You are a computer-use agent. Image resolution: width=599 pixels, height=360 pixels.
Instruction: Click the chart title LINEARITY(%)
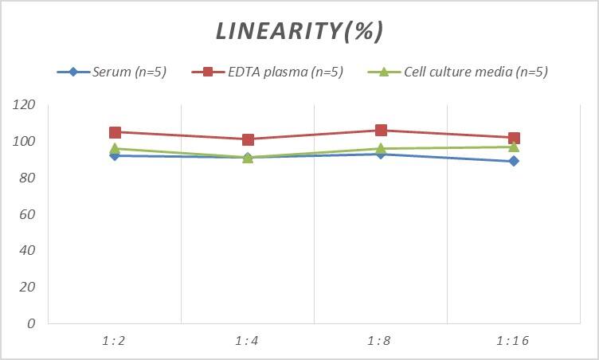pyautogui.click(x=299, y=31)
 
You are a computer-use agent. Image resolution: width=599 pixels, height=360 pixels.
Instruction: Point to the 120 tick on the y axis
pyautogui.click(x=25, y=105)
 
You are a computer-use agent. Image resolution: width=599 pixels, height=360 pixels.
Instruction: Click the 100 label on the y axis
pyautogui.click(x=25, y=142)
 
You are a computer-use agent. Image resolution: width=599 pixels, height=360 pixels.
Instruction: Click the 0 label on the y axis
pyautogui.click(x=31, y=323)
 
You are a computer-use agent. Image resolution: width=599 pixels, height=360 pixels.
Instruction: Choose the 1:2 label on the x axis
pyautogui.click(x=115, y=341)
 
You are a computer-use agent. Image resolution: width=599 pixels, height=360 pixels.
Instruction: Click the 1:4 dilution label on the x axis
pyautogui.click(x=248, y=341)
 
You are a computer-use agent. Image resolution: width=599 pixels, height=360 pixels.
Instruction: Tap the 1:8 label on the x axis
pyautogui.click(x=381, y=341)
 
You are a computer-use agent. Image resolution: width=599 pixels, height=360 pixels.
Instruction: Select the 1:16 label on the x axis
pyautogui.click(x=514, y=341)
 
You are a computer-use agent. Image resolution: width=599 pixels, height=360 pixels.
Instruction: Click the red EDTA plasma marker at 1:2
pyautogui.click(x=115, y=132)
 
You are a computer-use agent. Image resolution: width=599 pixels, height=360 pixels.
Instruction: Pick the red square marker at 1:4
pyautogui.click(x=248, y=139)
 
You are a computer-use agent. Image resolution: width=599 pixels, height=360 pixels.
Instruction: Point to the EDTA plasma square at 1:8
pyautogui.click(x=381, y=131)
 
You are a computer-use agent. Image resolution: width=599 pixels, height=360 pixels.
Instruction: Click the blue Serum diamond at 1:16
pyautogui.click(x=514, y=161)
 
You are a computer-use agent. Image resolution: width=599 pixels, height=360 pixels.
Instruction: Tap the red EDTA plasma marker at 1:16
pyautogui.click(x=514, y=138)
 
